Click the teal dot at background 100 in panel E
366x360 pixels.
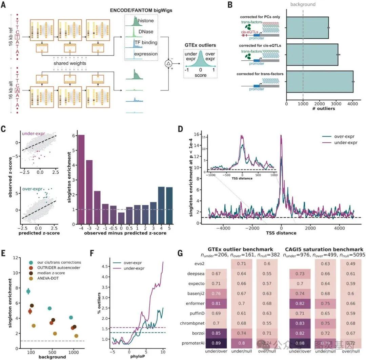28,291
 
